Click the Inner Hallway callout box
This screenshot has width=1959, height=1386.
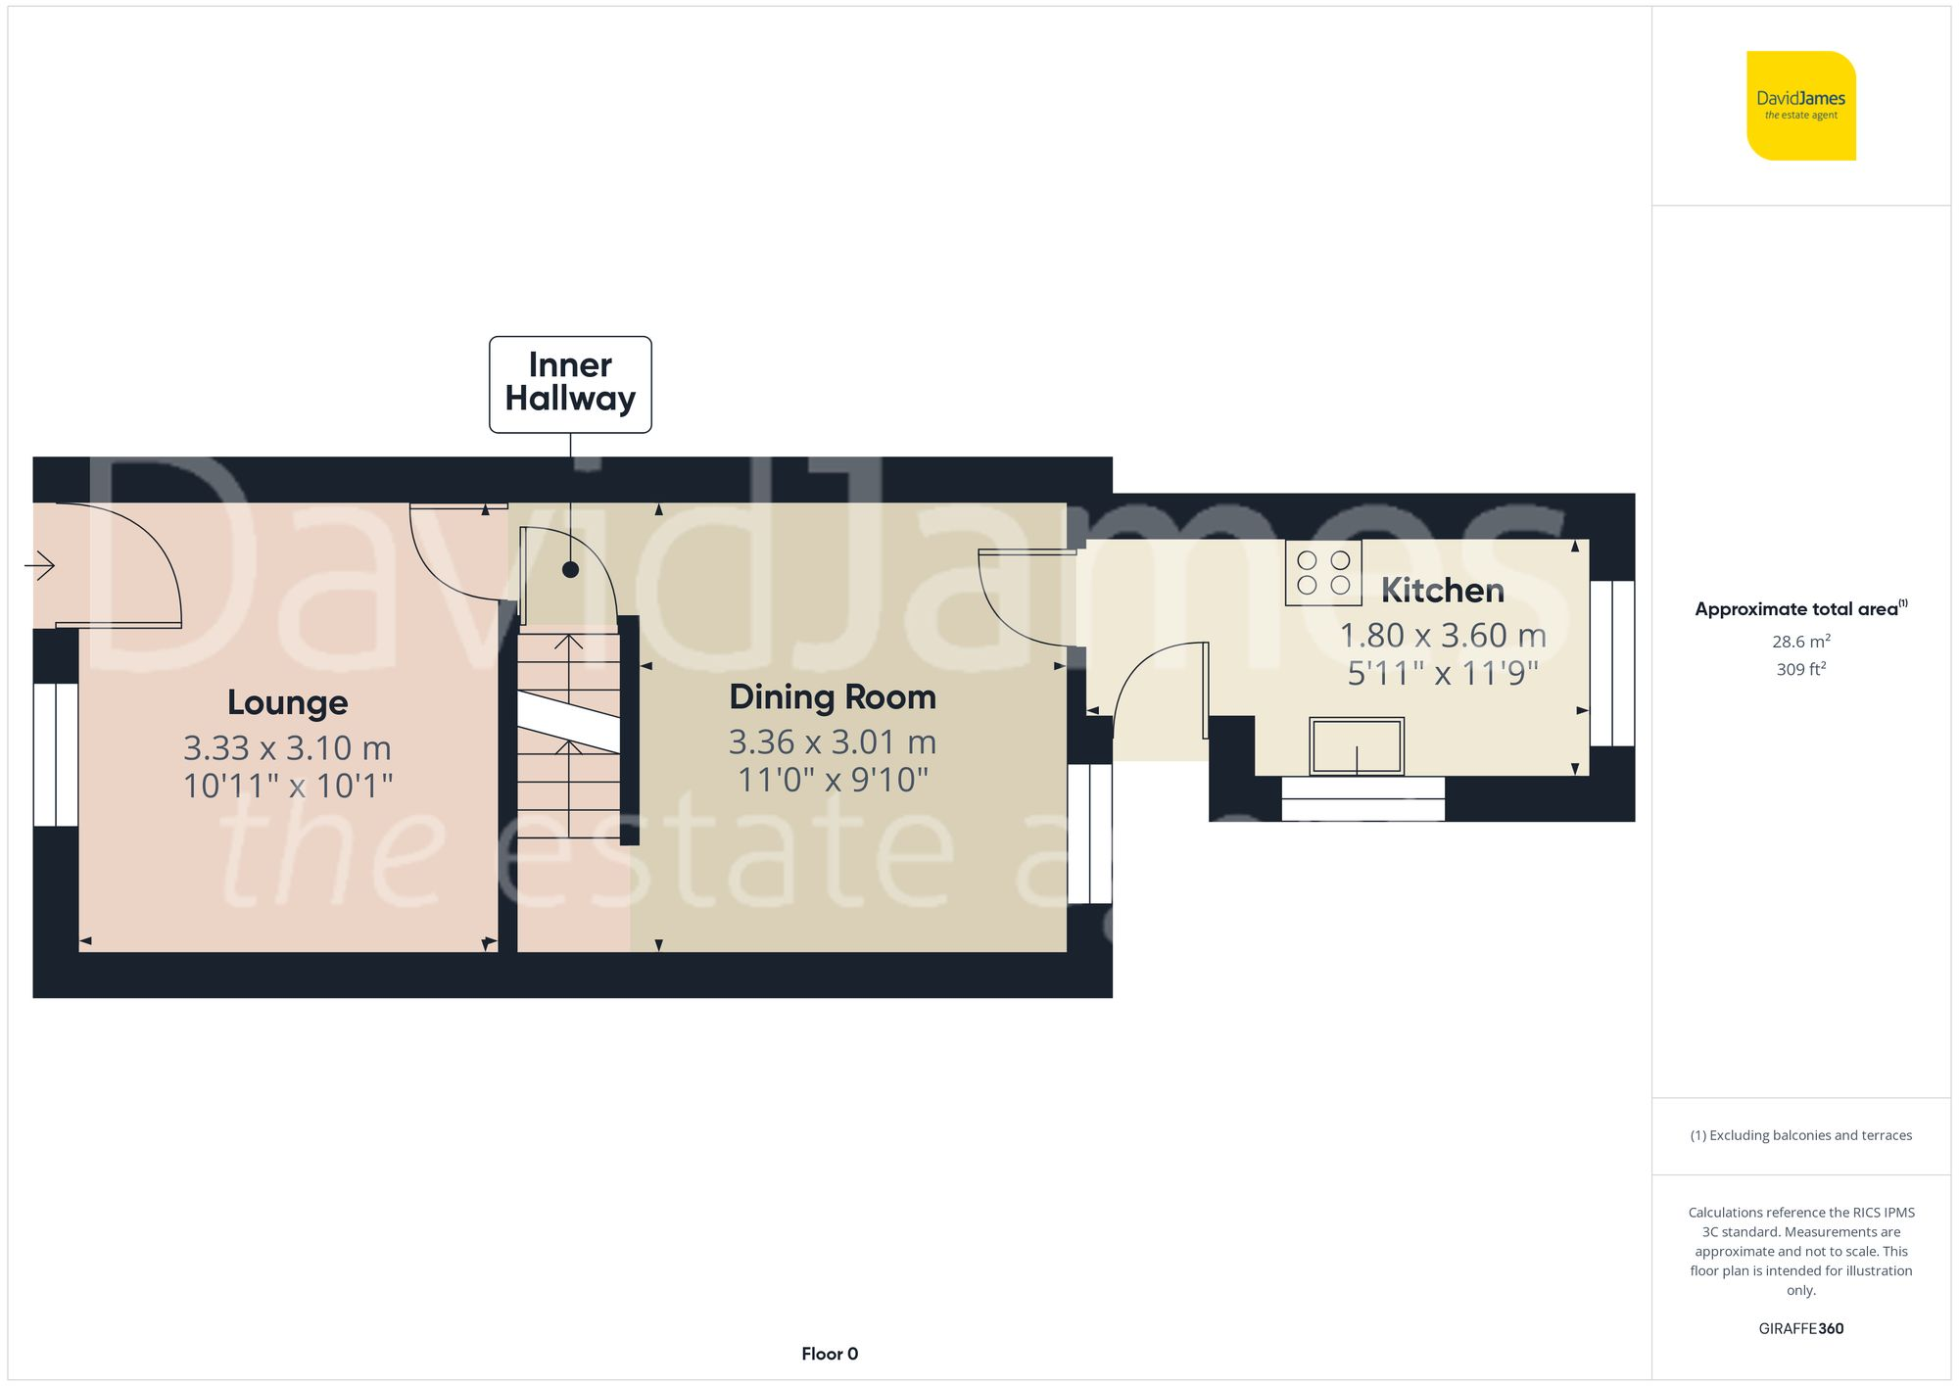570,384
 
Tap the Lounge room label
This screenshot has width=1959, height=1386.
287,702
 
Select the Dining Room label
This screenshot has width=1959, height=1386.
833,696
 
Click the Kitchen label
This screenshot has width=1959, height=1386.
1442,590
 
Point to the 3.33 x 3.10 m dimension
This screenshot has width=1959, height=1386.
287,748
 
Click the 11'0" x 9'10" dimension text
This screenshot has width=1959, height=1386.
833,780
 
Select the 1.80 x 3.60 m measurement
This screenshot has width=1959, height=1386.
1442,636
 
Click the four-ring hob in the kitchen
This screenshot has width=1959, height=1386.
1323,572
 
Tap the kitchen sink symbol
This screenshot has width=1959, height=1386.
1357,746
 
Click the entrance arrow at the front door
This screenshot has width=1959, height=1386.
39,565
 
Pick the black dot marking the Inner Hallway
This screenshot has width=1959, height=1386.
570,569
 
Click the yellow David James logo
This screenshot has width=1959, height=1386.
1800,106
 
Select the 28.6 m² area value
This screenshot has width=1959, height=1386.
1800,642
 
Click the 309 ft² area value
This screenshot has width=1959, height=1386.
1800,669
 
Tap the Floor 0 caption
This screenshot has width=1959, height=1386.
829,1354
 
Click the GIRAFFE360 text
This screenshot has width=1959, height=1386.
1800,1328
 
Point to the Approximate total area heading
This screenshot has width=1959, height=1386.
1800,608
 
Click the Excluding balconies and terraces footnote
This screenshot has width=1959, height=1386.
1800,1135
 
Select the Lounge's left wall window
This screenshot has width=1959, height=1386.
56,754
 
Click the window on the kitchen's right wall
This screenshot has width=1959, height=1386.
1611,663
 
